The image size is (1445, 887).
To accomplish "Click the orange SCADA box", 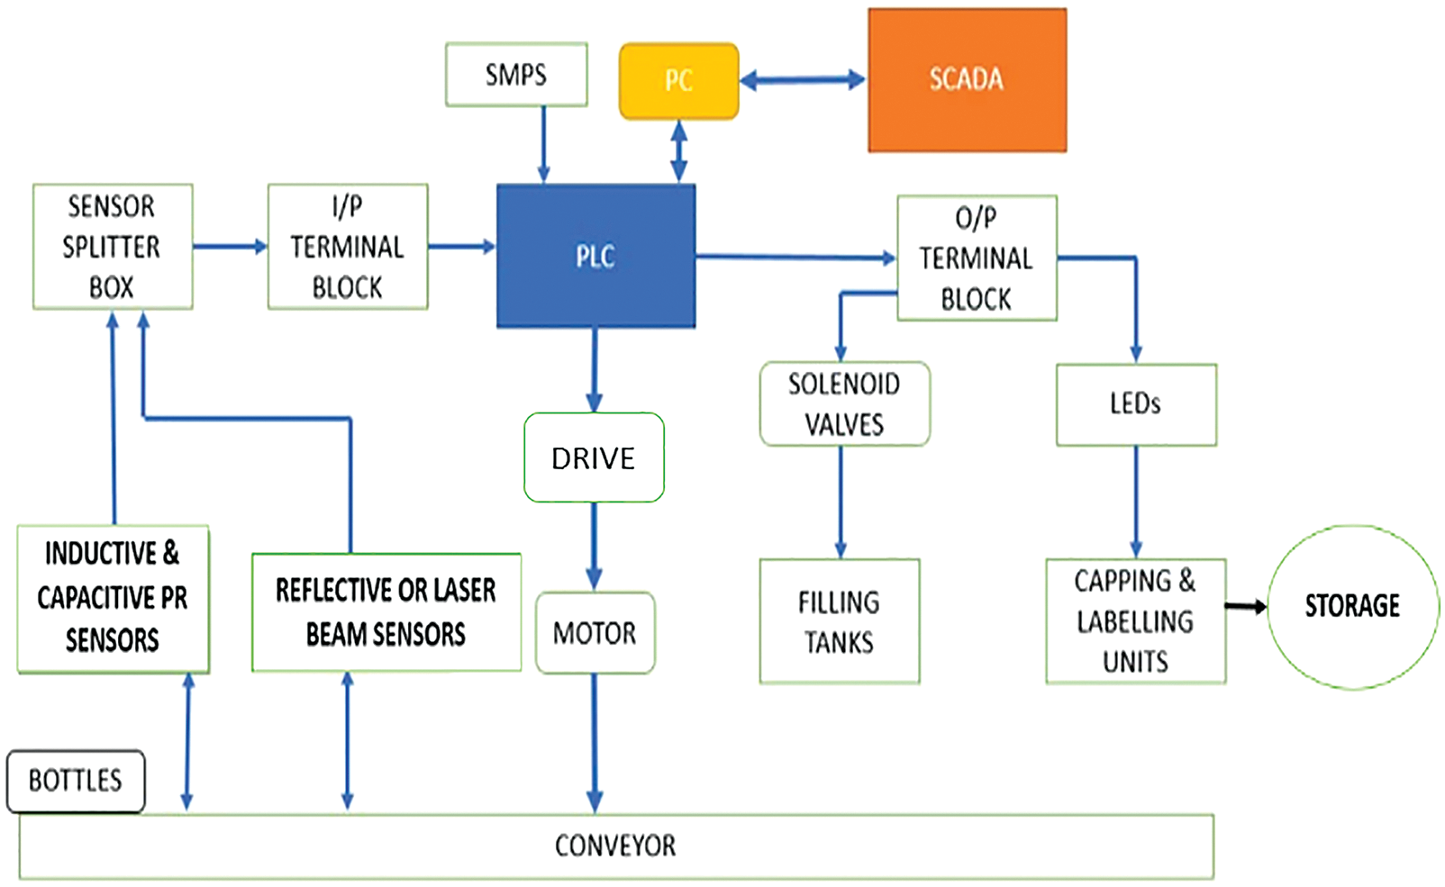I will pyautogui.click(x=967, y=80).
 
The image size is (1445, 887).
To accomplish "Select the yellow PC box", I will pyautogui.click(x=678, y=81).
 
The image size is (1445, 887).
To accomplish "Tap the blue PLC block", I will pyautogui.click(x=595, y=257).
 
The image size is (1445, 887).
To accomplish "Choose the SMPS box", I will pyautogui.click(x=516, y=75).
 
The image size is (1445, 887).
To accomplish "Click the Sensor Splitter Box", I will pyautogui.click(x=113, y=247).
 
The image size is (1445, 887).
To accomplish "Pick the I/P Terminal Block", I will pyautogui.click(x=348, y=247).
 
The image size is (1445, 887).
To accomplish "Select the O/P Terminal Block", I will pyautogui.click(x=977, y=258).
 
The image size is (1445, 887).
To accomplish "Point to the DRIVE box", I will pyautogui.click(x=594, y=457).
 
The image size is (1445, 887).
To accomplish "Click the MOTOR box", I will pyautogui.click(x=595, y=633).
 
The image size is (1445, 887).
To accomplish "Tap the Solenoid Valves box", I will pyautogui.click(x=844, y=404).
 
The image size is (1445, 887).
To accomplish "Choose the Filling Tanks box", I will pyautogui.click(x=840, y=621).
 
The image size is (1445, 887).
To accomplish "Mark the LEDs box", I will pyautogui.click(x=1136, y=404).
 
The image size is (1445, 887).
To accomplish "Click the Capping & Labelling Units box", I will pyautogui.click(x=1135, y=621).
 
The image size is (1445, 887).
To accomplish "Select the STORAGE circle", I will pyautogui.click(x=1352, y=607).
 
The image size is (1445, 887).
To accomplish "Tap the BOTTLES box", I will pyautogui.click(x=76, y=781).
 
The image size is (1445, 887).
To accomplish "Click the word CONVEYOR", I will pyautogui.click(x=615, y=846).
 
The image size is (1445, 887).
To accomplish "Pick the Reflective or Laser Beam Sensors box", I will pyautogui.click(x=386, y=612).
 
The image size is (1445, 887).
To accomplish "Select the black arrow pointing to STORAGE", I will pyautogui.click(x=1246, y=608).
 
